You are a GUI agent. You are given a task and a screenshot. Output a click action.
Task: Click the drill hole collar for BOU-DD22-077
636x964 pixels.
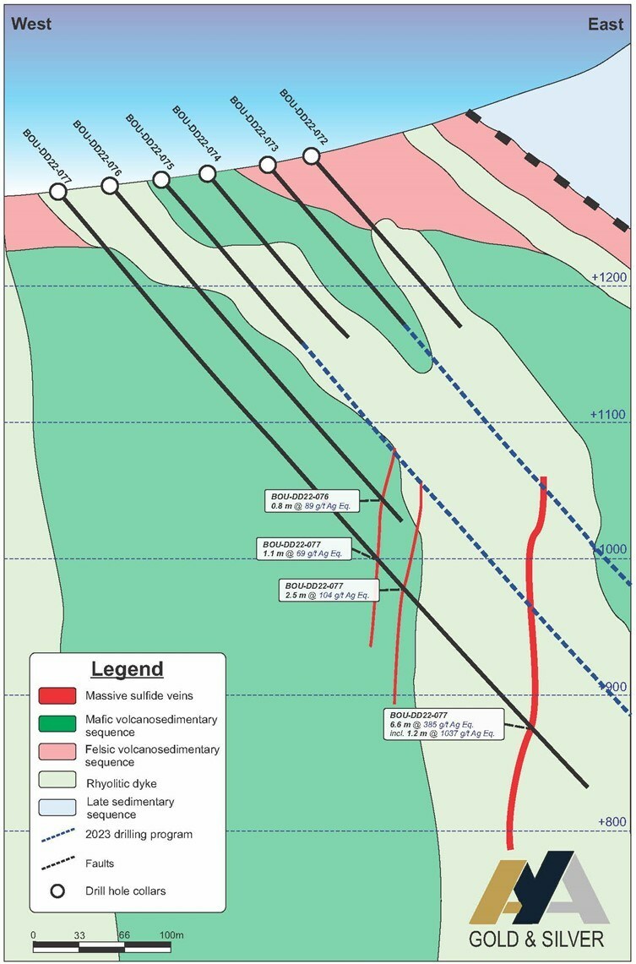(x=57, y=192)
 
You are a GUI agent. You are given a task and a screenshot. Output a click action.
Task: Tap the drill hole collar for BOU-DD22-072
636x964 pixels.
(x=312, y=156)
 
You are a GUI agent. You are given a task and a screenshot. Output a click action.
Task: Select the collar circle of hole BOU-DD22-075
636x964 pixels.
(x=161, y=179)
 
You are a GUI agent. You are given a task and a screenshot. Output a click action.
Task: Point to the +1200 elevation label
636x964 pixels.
(x=608, y=277)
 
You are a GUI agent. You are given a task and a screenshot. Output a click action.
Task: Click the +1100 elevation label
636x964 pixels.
(x=608, y=414)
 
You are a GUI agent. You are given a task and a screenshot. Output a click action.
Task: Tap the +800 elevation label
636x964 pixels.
(x=612, y=822)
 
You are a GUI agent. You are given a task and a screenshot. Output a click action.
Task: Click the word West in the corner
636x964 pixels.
(x=31, y=24)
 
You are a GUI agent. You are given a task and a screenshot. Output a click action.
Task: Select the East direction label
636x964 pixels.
(x=606, y=24)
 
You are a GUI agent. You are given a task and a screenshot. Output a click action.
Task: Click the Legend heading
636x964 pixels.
(x=128, y=669)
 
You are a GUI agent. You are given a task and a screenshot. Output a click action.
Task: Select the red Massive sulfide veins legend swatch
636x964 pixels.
(x=57, y=695)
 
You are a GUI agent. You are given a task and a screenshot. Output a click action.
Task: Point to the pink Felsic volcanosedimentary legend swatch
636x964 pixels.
(x=57, y=751)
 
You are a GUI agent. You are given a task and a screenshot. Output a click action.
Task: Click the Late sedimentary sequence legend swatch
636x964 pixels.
(x=57, y=807)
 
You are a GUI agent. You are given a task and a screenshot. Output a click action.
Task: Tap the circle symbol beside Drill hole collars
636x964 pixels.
(x=57, y=890)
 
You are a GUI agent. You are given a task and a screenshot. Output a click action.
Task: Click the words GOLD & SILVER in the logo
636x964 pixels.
(x=535, y=939)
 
